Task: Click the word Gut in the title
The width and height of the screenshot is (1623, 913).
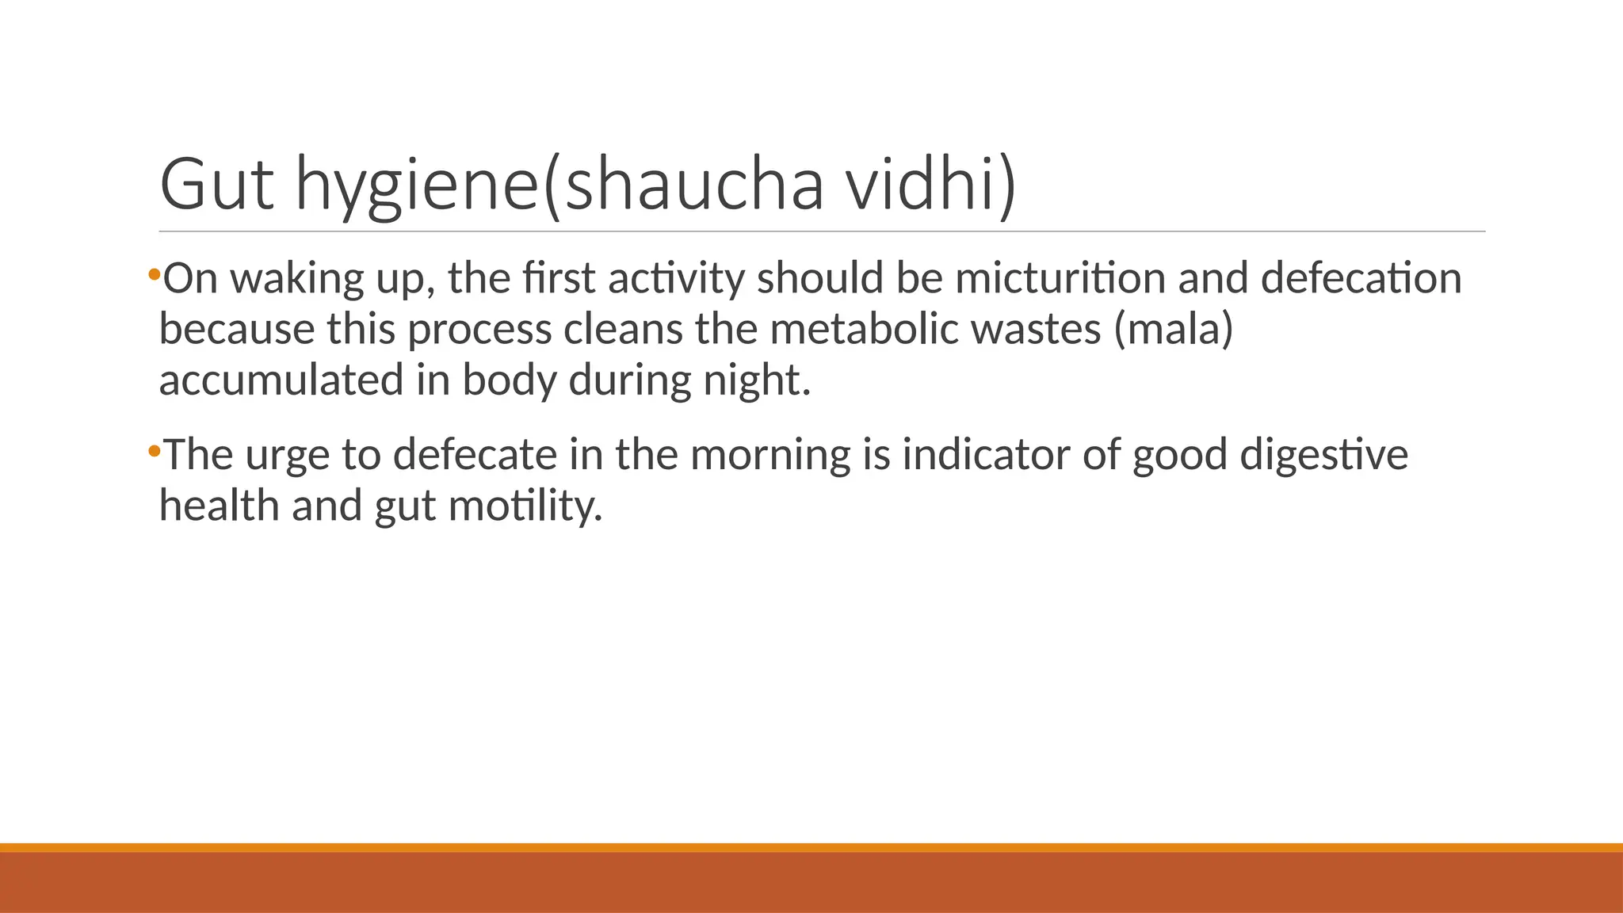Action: pos(216,184)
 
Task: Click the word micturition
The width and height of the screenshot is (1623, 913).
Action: pos(1060,278)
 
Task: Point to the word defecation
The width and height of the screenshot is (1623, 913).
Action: pos(1361,278)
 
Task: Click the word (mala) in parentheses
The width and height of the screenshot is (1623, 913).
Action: pos(1173,329)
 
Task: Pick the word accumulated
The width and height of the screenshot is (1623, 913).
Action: pos(281,380)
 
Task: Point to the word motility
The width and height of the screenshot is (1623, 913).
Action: pos(525,506)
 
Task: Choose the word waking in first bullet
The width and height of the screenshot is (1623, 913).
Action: pos(296,279)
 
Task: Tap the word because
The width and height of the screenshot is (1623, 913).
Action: pos(236,329)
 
